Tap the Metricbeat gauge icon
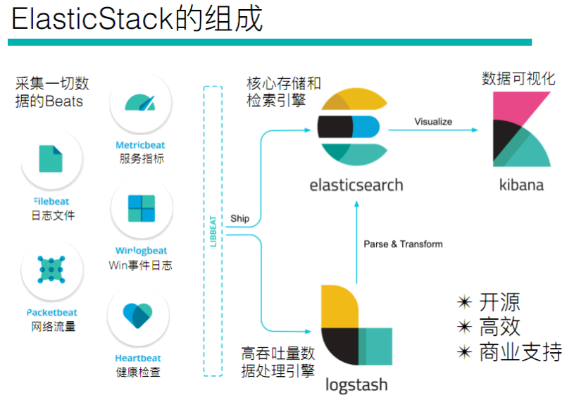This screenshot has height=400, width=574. coord(139,103)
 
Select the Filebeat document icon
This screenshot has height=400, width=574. coord(51,159)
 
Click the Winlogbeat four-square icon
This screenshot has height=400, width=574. coord(141,208)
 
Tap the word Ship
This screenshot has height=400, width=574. coord(240,218)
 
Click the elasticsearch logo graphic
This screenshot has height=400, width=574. coord(349,127)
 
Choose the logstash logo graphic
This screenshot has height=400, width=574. coord(355,327)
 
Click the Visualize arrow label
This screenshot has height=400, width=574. coord(433,122)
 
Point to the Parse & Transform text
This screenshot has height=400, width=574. coord(403,244)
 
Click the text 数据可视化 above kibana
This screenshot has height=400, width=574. coord(518,78)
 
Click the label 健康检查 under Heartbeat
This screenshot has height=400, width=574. coord(138,372)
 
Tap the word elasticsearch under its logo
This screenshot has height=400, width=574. coord(356,185)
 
